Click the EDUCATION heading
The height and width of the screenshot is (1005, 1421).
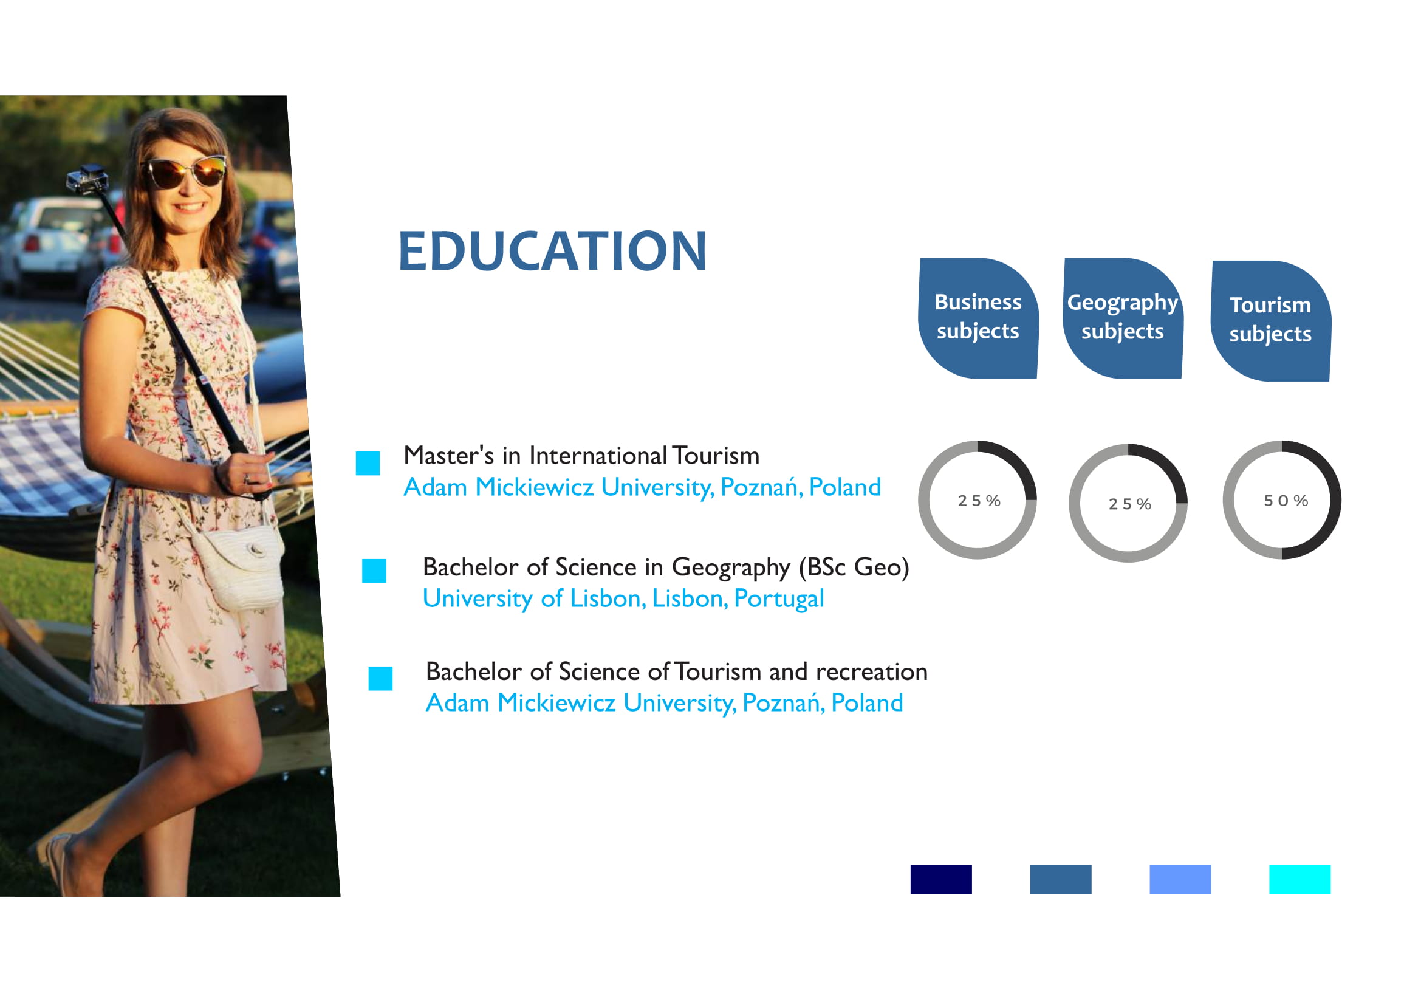[552, 250]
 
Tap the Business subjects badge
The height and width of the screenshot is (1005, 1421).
[978, 318]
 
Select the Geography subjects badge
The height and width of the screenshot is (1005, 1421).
[1123, 318]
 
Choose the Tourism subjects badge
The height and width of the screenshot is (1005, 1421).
[1270, 321]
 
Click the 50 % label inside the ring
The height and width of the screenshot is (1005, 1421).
[1286, 501]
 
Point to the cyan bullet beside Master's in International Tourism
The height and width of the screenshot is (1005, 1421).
[368, 464]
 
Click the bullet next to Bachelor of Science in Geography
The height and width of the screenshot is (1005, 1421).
[374, 571]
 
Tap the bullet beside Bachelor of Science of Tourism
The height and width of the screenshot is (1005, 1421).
[380, 678]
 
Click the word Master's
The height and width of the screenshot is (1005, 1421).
[449, 456]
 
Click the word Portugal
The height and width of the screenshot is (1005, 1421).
[779, 599]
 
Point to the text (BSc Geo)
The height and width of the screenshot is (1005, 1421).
[854, 568]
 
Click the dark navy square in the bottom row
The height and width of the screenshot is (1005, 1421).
[940, 879]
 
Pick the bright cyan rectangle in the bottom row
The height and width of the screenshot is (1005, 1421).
[1299, 879]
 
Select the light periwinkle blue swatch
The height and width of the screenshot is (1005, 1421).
[1180, 879]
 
